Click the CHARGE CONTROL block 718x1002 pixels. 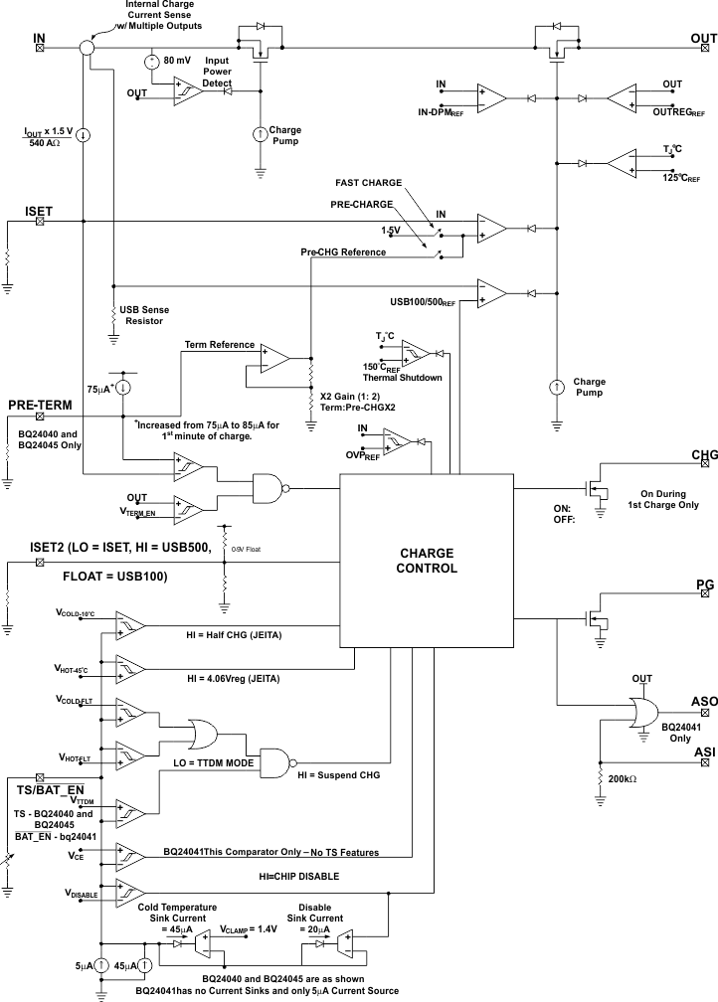pos(428,561)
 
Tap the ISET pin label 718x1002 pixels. pos(39,211)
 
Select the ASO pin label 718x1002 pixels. pos(704,702)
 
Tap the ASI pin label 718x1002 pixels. pos(704,752)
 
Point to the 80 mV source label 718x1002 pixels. pos(177,61)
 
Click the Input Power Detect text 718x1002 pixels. pos(217,72)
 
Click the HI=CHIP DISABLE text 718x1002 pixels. pos(298,876)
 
